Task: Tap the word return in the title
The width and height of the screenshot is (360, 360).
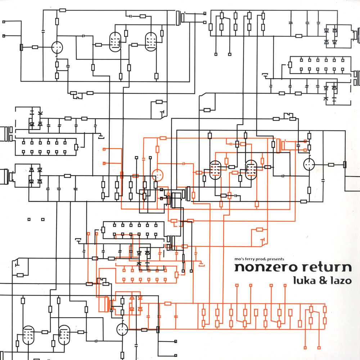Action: pos(325,268)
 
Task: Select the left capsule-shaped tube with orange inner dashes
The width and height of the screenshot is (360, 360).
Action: pos(215,170)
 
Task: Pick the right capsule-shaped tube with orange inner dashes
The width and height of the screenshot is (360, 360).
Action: pos(251,170)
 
